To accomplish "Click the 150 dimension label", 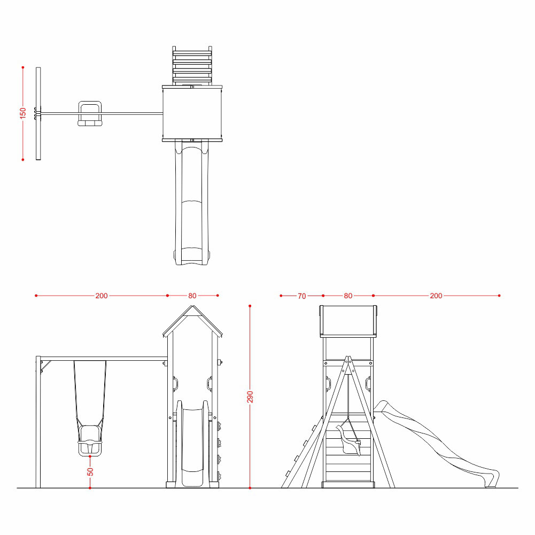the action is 23,113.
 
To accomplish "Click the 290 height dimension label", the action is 250,397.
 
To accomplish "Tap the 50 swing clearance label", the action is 90,471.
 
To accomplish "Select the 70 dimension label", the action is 301,296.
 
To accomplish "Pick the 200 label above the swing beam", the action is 102,296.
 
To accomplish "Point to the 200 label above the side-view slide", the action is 436,296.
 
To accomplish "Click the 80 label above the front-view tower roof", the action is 192,296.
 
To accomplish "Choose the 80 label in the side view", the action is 348,296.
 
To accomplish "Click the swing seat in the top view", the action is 90,113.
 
